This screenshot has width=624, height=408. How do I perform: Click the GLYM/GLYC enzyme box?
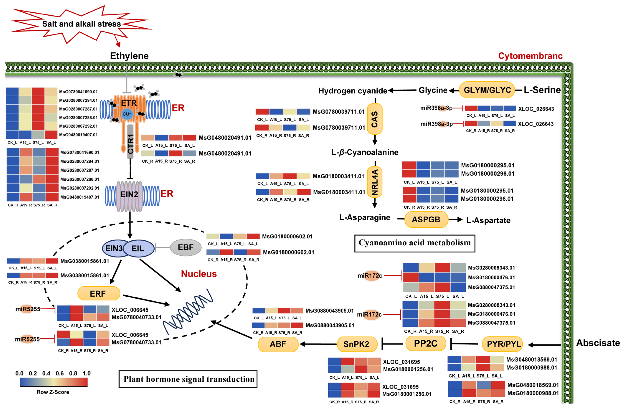(x=487, y=90)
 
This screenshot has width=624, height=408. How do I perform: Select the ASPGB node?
(x=426, y=219)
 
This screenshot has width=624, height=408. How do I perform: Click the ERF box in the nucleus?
(x=99, y=293)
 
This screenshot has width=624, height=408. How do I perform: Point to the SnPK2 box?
(x=357, y=344)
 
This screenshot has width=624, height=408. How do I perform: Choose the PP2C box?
(x=425, y=343)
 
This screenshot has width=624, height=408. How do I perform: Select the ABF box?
(x=278, y=344)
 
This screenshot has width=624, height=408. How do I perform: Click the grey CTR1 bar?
(x=130, y=142)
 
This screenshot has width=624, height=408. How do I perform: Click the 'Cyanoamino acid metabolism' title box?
(x=415, y=243)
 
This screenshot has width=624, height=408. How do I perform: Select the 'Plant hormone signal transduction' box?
(x=188, y=379)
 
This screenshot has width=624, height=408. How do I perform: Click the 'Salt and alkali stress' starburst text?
(x=82, y=24)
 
